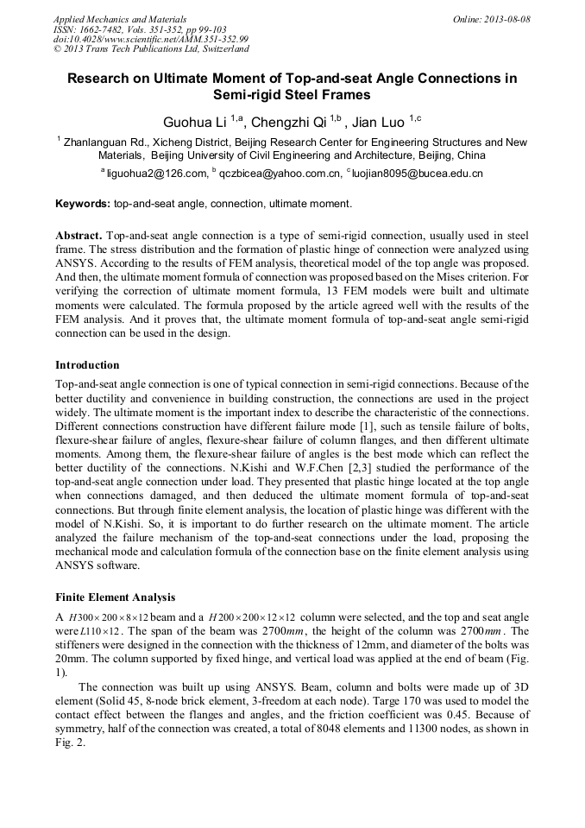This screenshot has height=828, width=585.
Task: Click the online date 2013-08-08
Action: [506, 19]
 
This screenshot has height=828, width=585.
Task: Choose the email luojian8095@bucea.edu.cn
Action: [418, 174]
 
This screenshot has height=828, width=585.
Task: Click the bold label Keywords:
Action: [83, 205]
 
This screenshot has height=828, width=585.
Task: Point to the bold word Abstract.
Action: [79, 236]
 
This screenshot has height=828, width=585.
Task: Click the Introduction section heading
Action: [87, 365]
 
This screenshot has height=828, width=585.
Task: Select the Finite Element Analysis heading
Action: [115, 597]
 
